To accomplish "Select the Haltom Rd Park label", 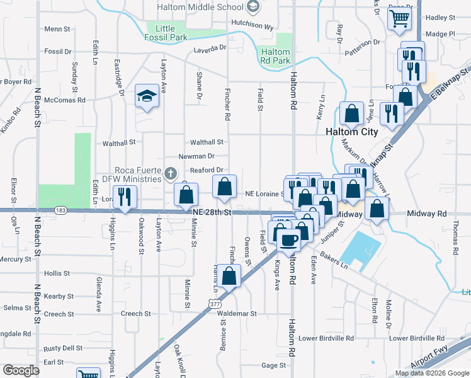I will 275,56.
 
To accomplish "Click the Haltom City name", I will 352,132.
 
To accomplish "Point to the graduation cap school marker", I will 146,96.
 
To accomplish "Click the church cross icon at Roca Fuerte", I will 169,173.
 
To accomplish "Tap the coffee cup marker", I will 290,239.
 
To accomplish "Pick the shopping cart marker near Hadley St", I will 400,19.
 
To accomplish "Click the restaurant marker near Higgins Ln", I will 124,197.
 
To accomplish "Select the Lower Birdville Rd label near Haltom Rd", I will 326,338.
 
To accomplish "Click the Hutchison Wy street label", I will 252,27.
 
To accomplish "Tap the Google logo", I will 21,370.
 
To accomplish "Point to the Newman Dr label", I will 196,156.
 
